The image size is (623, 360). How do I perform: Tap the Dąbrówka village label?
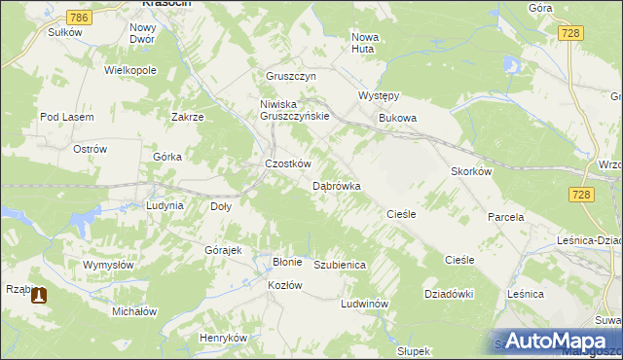[337, 185]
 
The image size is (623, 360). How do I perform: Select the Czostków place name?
[288, 163]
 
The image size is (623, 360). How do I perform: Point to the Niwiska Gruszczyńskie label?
[295, 109]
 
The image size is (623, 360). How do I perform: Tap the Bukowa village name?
[397, 118]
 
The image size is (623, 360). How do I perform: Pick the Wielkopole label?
[130, 71]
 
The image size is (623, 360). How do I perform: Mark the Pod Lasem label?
[66, 117]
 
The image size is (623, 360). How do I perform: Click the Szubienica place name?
[340, 265]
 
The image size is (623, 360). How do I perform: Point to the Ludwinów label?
[365, 304]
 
